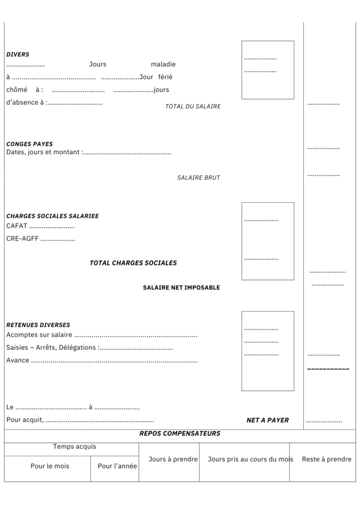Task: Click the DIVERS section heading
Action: [18, 55]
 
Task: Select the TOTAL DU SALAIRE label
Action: [193, 106]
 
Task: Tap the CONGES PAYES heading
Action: [29, 144]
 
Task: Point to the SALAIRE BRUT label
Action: [198, 177]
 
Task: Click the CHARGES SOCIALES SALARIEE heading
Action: [52, 216]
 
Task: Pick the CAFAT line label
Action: [17, 226]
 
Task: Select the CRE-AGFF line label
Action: [22, 239]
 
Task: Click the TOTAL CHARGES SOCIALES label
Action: [133, 263]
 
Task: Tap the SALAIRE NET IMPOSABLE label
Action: [181, 288]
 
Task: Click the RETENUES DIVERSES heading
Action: [38, 325]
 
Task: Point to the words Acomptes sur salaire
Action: [39, 335]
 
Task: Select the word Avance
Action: [18, 360]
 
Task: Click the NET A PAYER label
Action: [268, 421]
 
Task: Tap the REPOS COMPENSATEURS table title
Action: [180, 434]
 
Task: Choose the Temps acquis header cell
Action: [75, 447]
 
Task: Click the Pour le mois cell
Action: [50, 466]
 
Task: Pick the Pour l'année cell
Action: [117, 466]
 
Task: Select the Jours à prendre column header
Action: [173, 459]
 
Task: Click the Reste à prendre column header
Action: [326, 459]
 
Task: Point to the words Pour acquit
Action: [24, 421]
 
